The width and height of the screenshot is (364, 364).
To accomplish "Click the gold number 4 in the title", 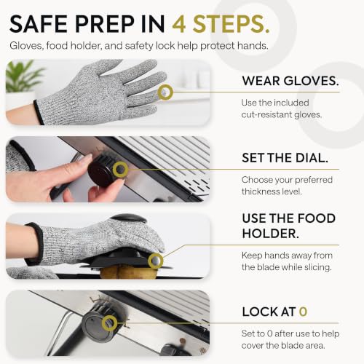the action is coord(179,24).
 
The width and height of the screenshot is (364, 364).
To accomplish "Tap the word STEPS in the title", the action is coord(231,24).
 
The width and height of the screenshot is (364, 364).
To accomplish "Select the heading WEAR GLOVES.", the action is coord(290,81).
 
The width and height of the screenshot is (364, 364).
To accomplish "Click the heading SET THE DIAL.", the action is coord(285,158).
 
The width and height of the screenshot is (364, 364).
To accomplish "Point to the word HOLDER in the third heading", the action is coord(270,234).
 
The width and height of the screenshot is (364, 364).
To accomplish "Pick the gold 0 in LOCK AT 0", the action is coord(303,312).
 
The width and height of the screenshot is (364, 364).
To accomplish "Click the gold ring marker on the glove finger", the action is coord(165,92).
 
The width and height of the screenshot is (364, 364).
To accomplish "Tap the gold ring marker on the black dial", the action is coord(121,169).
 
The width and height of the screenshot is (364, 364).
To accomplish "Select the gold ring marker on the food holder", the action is coord(156,261).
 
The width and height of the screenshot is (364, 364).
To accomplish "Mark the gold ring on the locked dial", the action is coord(109,323).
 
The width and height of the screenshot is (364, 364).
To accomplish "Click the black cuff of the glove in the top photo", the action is coord(39,112).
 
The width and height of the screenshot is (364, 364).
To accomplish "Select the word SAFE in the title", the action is coord(39,24).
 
